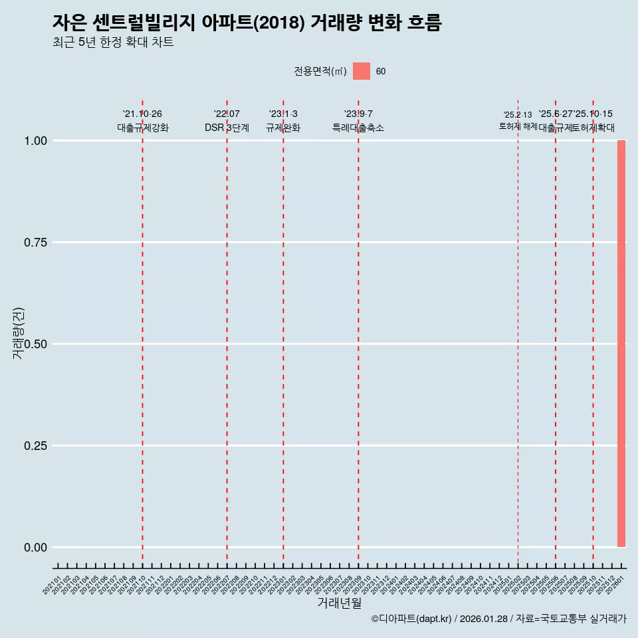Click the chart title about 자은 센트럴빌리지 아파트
(x=247, y=23)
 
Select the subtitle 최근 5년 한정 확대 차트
(x=113, y=43)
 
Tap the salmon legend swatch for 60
(x=361, y=71)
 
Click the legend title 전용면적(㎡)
(x=320, y=71)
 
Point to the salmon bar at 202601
(x=621, y=344)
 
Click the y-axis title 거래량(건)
(x=18, y=334)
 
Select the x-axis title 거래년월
(x=339, y=603)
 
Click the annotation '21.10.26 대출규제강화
(x=142, y=121)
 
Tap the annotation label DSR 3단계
(x=227, y=128)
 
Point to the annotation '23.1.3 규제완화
(x=283, y=121)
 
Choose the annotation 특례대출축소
(x=358, y=128)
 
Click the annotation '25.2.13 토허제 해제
(x=518, y=120)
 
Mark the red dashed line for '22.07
(x=227, y=332)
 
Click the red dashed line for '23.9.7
(x=358, y=332)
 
